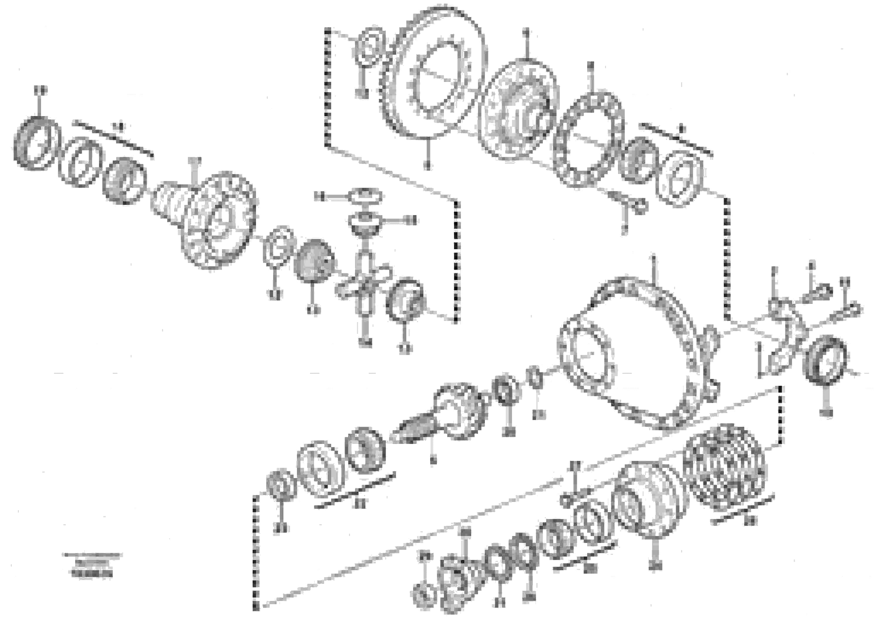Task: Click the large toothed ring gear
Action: click(x=434, y=72)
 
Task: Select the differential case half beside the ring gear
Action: click(x=518, y=110)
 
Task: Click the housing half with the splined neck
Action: click(x=213, y=221)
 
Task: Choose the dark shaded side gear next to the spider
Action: click(x=314, y=261)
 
